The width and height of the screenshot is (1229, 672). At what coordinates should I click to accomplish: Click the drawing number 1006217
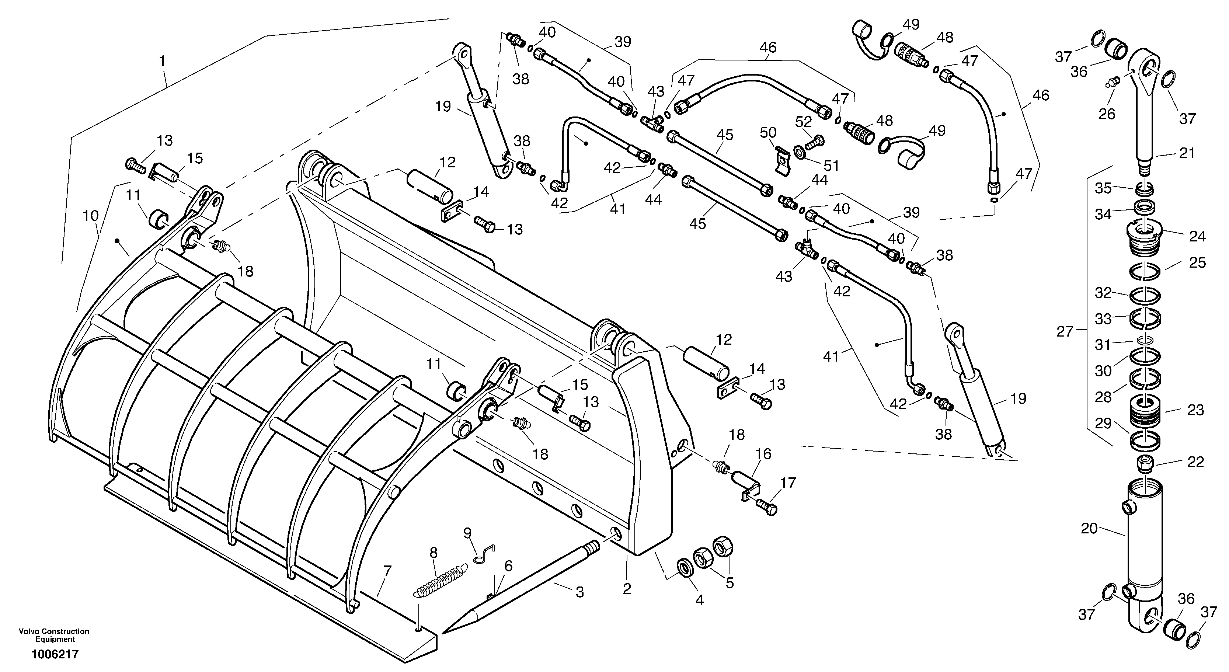tap(55, 654)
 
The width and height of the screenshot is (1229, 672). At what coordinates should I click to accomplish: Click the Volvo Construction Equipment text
tap(54, 635)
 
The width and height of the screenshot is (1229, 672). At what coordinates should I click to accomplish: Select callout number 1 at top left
tap(162, 61)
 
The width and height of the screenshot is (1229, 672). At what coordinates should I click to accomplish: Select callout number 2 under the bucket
tap(626, 589)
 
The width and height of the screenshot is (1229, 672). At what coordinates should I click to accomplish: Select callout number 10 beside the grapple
tap(91, 216)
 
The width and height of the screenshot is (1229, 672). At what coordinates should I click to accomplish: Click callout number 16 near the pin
tap(763, 453)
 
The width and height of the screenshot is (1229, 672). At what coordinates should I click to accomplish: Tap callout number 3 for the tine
tap(579, 592)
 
